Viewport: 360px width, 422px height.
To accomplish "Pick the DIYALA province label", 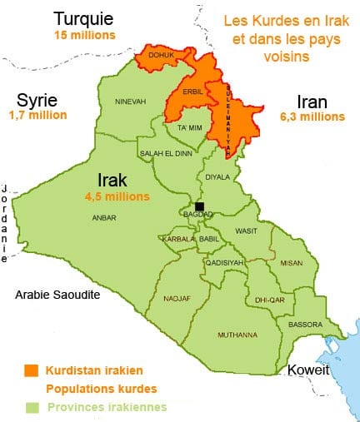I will [x=216, y=176].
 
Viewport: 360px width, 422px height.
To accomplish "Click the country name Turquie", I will [x=83, y=17].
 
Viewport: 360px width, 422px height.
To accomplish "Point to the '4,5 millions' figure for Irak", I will [x=117, y=196].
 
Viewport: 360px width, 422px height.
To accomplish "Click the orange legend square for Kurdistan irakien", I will [x=31, y=370].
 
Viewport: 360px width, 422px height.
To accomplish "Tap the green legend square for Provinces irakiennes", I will [x=31, y=407].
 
